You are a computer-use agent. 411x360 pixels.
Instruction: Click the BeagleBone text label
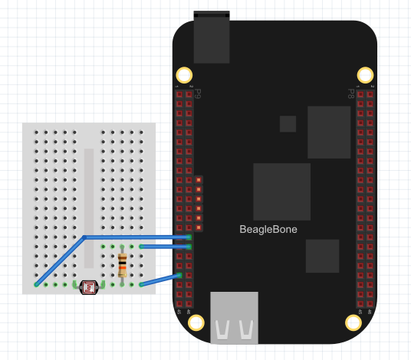(268, 229)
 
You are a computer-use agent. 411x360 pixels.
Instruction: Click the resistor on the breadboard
(123, 265)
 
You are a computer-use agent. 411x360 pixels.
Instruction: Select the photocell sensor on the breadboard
(89, 286)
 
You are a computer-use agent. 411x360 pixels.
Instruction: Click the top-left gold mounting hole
(184, 75)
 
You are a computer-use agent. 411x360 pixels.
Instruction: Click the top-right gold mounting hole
(366, 75)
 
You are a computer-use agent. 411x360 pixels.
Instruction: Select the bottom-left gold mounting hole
(196, 322)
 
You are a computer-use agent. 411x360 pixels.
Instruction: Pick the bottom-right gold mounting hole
(353, 322)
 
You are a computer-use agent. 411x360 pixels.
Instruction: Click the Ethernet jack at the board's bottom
(235, 317)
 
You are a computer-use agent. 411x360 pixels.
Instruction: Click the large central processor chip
(282, 191)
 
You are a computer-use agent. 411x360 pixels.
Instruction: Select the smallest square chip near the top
(288, 124)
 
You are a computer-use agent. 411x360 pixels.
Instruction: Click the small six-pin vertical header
(199, 204)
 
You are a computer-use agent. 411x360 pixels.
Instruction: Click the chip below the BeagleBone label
(322, 256)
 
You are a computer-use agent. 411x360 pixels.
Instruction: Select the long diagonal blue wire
(61, 260)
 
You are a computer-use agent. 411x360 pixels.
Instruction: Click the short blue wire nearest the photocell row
(160, 280)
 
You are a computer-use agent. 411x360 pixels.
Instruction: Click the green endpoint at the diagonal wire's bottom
(36, 284)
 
